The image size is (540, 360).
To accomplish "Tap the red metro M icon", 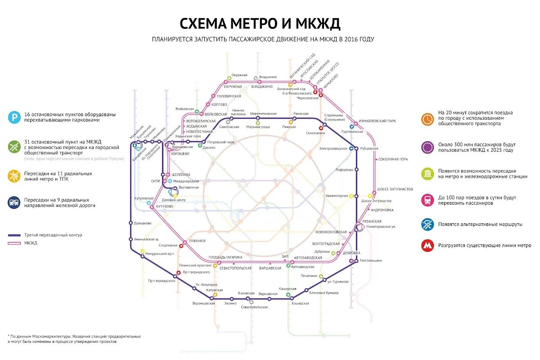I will (427, 246).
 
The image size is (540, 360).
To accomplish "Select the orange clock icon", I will (427, 119).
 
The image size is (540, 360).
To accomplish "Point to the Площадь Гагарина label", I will (225, 257).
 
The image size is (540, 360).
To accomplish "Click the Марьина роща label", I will (258, 127).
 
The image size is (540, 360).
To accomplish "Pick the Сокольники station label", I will (315, 133).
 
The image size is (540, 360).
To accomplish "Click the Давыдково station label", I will (143, 223).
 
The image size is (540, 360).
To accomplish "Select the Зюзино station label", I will (230, 303).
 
